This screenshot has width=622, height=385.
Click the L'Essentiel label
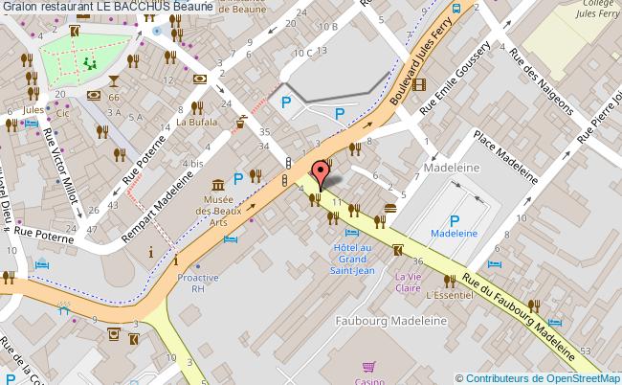(x=451, y=296)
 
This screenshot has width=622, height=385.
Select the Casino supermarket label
(x=368, y=380)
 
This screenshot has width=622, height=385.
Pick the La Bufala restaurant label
(x=196, y=123)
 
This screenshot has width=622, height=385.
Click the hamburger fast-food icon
(x=390, y=208)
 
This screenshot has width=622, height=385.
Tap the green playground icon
(x=92, y=63)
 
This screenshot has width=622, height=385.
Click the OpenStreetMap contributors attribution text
(x=538, y=377)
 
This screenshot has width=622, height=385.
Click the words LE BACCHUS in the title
(x=140, y=7)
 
